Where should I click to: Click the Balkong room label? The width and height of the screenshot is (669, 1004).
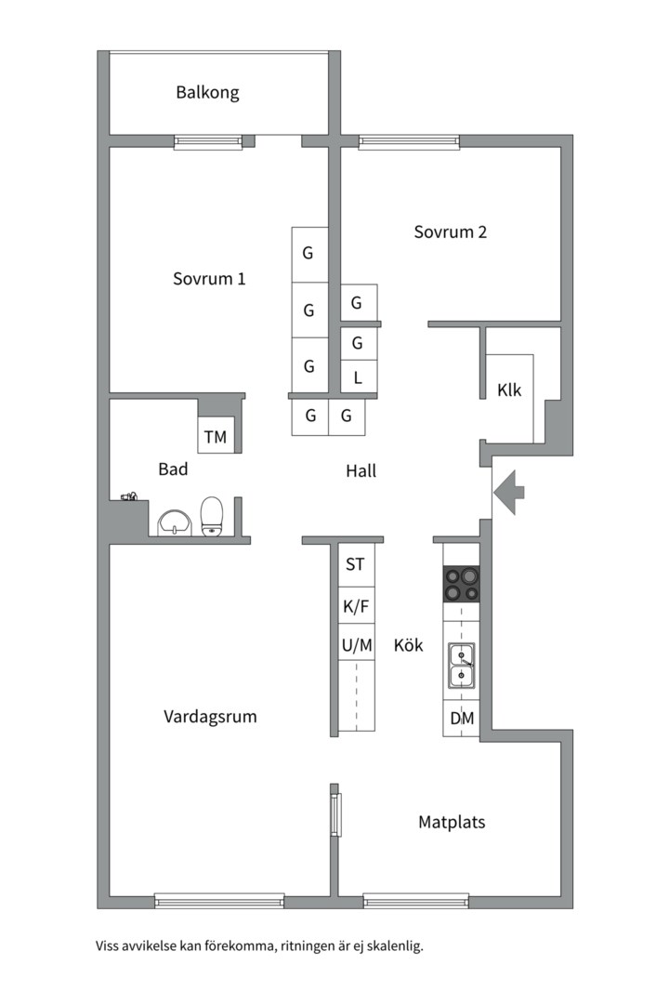point(207,93)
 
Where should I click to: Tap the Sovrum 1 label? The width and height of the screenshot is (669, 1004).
point(209,279)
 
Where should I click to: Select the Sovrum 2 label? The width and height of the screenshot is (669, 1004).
point(450,232)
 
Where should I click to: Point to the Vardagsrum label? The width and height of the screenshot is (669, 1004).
point(210,717)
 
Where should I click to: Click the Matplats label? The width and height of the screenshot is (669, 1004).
point(452,822)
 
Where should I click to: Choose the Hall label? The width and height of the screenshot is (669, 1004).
point(361,471)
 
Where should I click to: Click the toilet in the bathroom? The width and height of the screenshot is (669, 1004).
point(213,517)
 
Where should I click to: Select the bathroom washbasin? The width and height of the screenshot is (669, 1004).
point(173,522)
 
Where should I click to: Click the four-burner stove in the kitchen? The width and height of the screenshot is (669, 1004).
point(461,584)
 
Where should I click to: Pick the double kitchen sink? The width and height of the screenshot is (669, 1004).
point(461,665)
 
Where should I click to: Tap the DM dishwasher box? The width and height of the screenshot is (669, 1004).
point(462,719)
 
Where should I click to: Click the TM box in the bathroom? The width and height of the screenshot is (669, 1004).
point(215,436)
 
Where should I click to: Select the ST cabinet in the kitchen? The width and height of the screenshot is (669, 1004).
point(356,564)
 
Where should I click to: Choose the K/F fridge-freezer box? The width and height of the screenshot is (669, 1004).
point(356,605)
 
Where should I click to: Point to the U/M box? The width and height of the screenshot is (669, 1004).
point(356,643)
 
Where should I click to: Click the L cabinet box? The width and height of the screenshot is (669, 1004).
point(359,377)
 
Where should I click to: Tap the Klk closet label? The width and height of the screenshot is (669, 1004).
point(509,390)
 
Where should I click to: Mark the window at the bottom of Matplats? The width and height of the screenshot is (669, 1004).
point(415,900)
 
